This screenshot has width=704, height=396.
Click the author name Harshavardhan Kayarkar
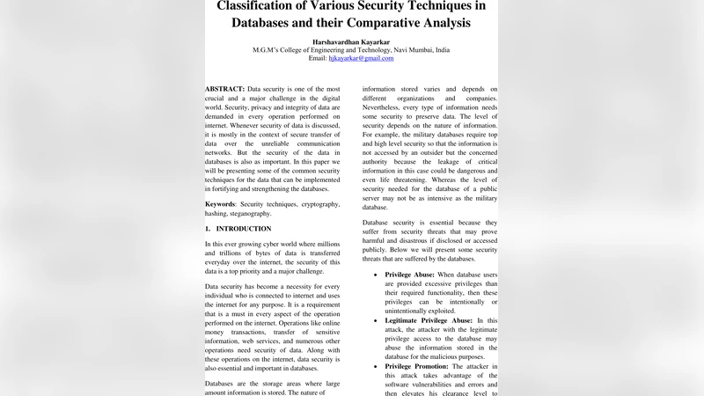pos(351,42)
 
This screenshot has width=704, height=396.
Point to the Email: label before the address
pos(324,58)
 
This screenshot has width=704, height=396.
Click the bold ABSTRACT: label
pos(224,90)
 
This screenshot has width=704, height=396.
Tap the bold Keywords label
pos(221,204)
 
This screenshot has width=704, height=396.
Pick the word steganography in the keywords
pos(251,214)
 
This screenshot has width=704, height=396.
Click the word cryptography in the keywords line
pos(314,204)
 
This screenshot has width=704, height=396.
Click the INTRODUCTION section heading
pos(244,229)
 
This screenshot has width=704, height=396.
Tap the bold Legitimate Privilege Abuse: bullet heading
pos(429,321)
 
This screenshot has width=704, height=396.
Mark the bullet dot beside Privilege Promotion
pos(376,366)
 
